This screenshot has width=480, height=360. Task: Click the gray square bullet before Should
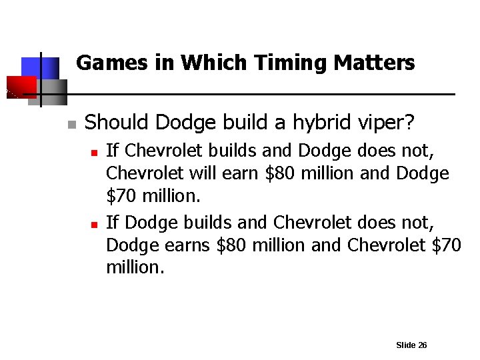point(72,125)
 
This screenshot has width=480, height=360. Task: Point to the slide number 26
point(422,345)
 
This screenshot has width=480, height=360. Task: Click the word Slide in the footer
point(405,345)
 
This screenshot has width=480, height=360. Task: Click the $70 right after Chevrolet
point(446,245)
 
